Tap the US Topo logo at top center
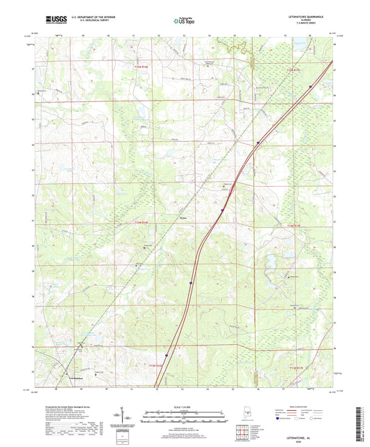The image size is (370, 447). (184, 21)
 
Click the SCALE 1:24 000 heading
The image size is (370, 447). (185, 407)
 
